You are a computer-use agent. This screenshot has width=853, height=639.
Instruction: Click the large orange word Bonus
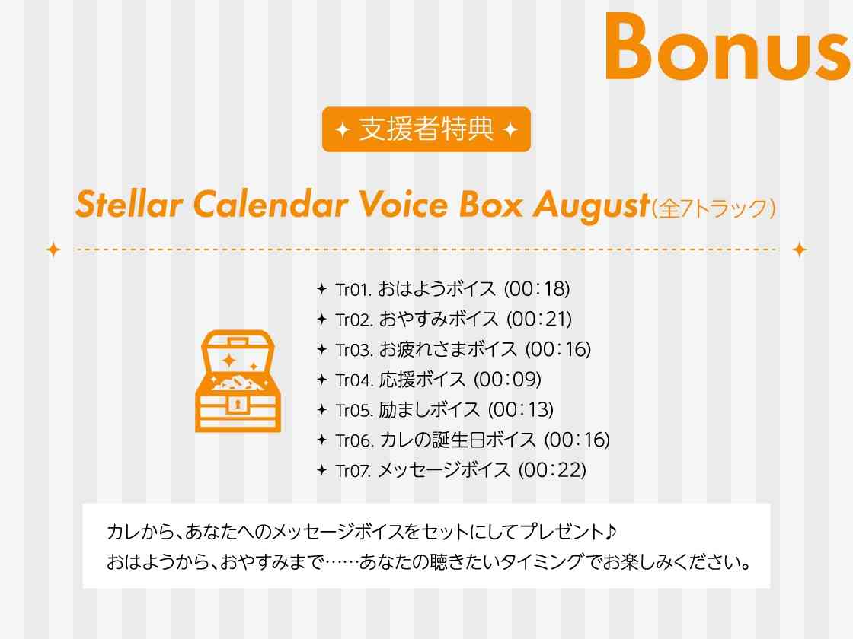(728, 46)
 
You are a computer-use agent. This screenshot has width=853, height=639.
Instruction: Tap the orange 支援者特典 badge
(426, 129)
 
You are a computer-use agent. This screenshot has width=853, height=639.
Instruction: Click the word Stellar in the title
(129, 205)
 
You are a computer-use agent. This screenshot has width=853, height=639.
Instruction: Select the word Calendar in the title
(270, 205)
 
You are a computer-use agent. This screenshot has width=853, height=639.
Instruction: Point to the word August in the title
(591, 206)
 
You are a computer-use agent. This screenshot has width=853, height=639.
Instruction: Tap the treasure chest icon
(238, 381)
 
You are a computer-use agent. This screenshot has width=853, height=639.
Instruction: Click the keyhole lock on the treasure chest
(237, 405)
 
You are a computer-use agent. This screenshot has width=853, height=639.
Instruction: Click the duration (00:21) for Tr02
(539, 319)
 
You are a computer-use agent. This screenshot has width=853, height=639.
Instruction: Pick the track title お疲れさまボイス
(448, 349)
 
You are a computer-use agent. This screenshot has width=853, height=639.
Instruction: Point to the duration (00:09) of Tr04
(507, 380)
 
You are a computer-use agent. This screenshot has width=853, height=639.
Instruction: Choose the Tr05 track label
(354, 410)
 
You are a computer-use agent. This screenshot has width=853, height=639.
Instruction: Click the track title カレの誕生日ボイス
(457, 440)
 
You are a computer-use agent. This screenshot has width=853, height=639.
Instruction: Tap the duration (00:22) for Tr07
(552, 470)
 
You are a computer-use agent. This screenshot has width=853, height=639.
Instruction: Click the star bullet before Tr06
(322, 440)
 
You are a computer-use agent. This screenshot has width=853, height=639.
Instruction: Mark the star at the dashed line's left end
(53, 250)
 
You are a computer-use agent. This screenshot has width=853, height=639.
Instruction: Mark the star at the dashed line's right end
(799, 250)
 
